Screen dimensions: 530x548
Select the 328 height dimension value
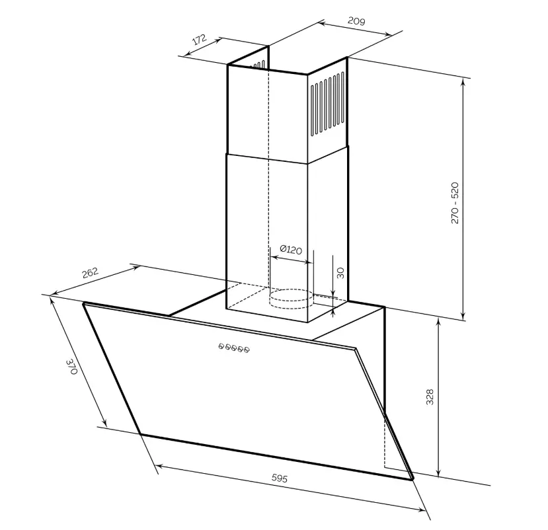click(x=430, y=397)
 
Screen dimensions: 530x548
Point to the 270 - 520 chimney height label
click(x=455, y=202)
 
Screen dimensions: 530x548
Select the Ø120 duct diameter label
click(x=290, y=249)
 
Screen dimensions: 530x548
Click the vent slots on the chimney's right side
click(x=329, y=104)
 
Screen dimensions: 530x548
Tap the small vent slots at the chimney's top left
click(x=259, y=65)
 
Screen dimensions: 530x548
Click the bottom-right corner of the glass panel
click(x=412, y=478)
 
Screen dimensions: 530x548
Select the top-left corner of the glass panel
click(x=84, y=304)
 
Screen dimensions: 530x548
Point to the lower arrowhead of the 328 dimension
click(x=439, y=473)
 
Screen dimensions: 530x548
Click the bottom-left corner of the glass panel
click(x=141, y=434)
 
